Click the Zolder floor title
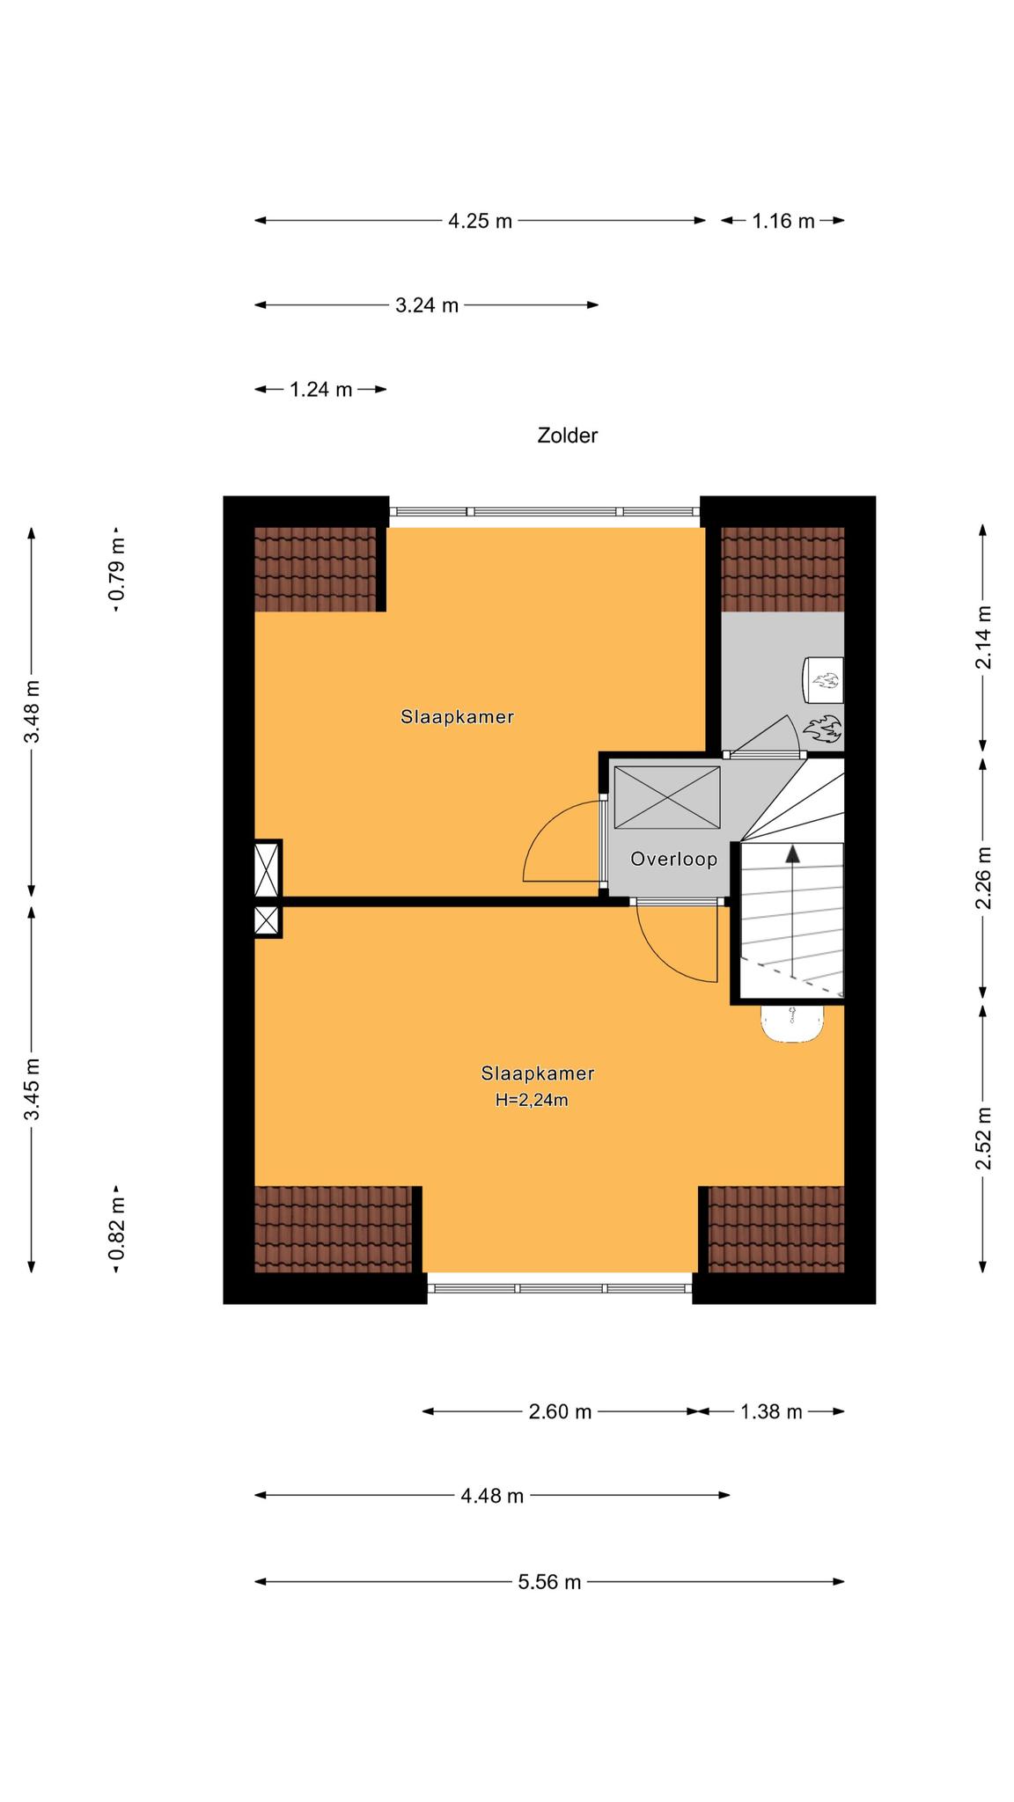pyautogui.click(x=567, y=436)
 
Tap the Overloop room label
pyautogui.click(x=673, y=859)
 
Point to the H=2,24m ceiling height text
pyautogui.click(x=532, y=1100)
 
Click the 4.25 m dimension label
pyautogui.click(x=480, y=221)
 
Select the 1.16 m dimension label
pyautogui.click(x=783, y=221)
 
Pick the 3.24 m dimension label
pyautogui.click(x=427, y=305)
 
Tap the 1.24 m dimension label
pyautogui.click(x=321, y=390)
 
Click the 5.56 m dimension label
pyautogui.click(x=549, y=1582)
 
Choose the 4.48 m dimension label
pyautogui.click(x=492, y=1496)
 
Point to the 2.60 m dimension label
pyautogui.click(x=560, y=1412)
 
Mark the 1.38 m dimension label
pyautogui.click(x=771, y=1412)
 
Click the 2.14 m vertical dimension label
pyautogui.click(x=983, y=637)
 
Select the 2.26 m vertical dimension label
pyautogui.click(x=983, y=878)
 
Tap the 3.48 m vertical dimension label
pyautogui.click(x=32, y=711)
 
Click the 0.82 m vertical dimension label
pyautogui.click(x=116, y=1228)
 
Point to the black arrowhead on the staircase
pyautogui.click(x=793, y=853)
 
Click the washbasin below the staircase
pyautogui.click(x=793, y=1024)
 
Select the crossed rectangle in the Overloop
pyautogui.click(x=667, y=797)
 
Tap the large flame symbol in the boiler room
pyautogui.click(x=822, y=729)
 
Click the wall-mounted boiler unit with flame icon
pyautogui.click(x=823, y=679)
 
